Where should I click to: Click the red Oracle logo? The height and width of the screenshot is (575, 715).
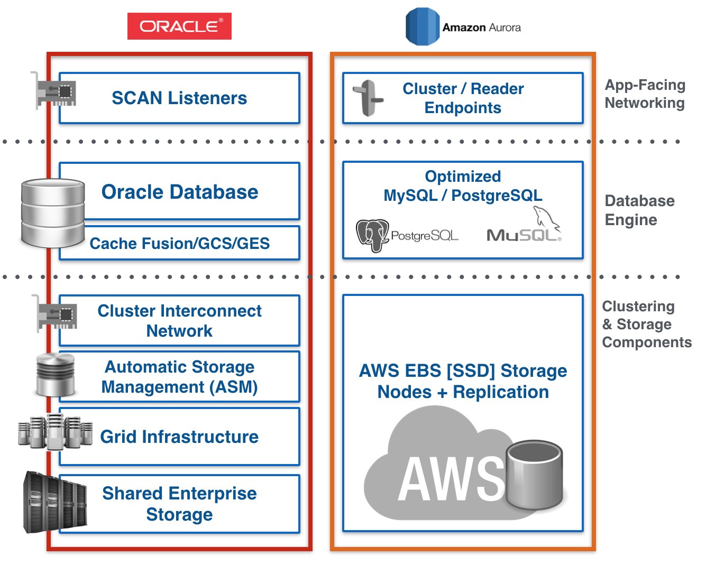tap(179, 26)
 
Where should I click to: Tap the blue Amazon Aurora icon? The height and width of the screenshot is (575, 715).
tap(422, 26)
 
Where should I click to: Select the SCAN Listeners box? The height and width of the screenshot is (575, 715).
tap(179, 98)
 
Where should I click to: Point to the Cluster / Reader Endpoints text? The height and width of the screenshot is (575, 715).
tap(463, 98)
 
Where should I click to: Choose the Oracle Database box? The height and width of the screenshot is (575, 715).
tap(180, 192)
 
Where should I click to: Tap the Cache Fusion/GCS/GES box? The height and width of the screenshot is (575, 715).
tap(180, 244)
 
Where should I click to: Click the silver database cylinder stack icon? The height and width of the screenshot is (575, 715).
tap(53, 213)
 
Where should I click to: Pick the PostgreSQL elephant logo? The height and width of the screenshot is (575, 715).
tap(373, 235)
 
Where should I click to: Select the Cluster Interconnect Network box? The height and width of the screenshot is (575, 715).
tap(179, 321)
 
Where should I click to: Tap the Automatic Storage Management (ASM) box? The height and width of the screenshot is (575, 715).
tap(179, 377)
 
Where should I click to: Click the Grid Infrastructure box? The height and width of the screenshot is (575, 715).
tap(179, 437)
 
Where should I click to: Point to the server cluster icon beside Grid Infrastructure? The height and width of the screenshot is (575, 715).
tap(56, 432)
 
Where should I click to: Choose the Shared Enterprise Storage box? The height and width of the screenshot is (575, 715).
tap(179, 504)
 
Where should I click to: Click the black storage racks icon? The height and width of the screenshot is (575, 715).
tap(55, 503)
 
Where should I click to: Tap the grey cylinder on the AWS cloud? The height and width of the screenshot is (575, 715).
tap(534, 476)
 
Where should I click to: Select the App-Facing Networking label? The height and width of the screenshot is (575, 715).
tap(645, 94)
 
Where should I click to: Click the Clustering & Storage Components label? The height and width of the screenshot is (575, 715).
tap(646, 324)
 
